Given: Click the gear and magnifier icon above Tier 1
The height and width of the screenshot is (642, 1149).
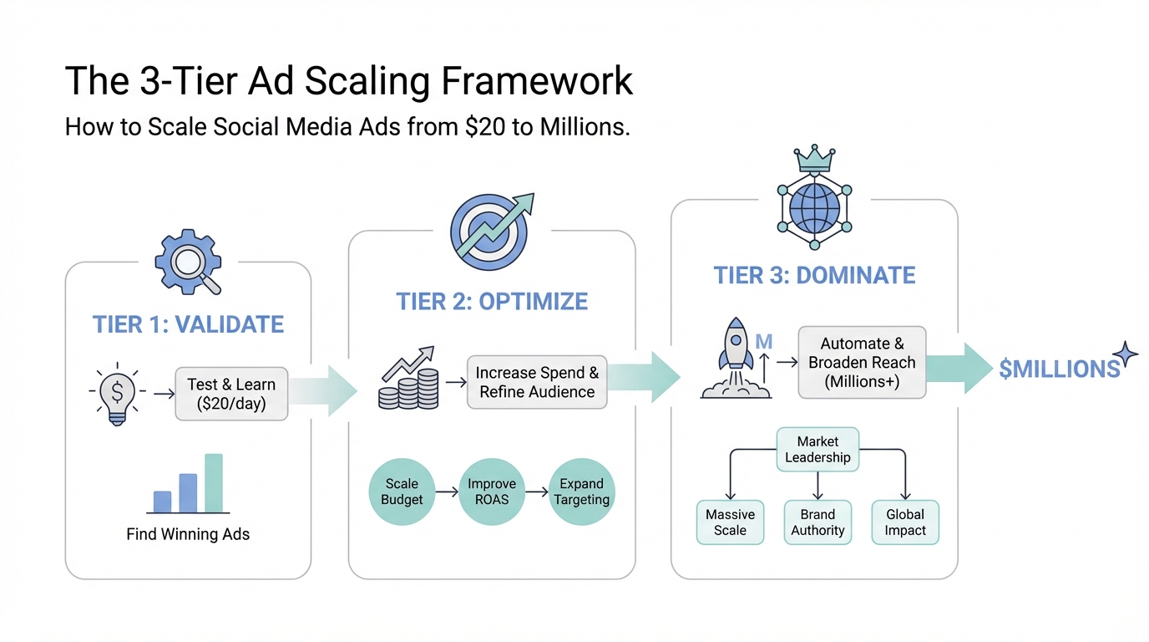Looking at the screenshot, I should tap(188, 262).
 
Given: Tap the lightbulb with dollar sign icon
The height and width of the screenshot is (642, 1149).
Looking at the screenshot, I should tap(118, 392).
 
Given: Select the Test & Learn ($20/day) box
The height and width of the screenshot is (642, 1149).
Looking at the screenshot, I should tap(231, 394).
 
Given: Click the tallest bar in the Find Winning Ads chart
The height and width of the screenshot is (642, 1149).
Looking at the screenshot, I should tap(214, 482).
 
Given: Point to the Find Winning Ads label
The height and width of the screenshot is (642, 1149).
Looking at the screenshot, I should tap(188, 534).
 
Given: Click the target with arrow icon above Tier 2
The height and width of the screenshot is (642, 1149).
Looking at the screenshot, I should tap(490, 229).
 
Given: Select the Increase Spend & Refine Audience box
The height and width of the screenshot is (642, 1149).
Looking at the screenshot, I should tap(537, 382).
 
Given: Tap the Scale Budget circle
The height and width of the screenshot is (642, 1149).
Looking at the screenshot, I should tap(402, 492).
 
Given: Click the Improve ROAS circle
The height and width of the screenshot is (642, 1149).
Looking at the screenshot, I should tap(491, 492).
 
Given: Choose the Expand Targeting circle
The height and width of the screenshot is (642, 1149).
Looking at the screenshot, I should tap(581, 492).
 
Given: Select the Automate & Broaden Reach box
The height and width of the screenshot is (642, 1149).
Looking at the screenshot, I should tap(862, 363).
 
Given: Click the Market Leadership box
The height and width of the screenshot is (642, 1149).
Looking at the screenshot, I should tap(817, 450).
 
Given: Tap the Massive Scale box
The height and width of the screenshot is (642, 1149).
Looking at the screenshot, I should tap(730, 522).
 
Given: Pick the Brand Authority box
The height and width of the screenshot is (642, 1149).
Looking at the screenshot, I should tap(817, 522).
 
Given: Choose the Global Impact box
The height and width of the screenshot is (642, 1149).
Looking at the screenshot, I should tap(905, 522).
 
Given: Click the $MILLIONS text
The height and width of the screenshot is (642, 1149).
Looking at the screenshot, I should tap(1059, 369).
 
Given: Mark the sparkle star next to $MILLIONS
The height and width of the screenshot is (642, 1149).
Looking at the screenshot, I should tap(1125, 354).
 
